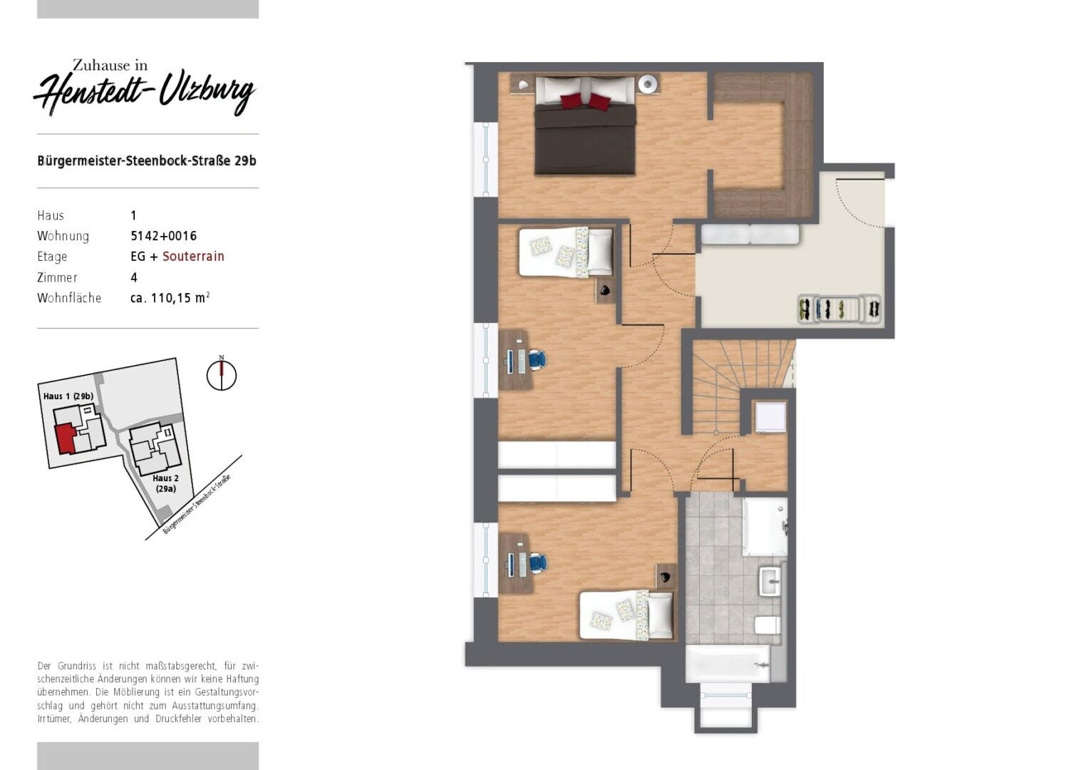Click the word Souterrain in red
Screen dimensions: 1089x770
[x=193, y=257]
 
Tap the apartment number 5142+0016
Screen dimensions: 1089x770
[x=163, y=236]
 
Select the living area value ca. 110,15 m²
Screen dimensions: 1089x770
[x=170, y=298]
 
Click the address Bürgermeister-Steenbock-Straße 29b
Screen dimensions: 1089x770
[x=147, y=160]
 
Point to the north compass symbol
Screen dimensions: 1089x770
[x=222, y=375]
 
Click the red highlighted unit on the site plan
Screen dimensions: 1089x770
[x=64, y=438]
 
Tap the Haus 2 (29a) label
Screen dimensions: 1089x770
[x=166, y=483]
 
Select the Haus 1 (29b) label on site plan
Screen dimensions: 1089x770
[x=68, y=396]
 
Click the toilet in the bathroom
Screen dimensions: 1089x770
[x=768, y=625]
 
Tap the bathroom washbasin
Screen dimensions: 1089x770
[x=770, y=581]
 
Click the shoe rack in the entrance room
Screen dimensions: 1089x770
[x=839, y=309]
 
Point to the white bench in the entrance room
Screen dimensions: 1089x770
[x=750, y=234]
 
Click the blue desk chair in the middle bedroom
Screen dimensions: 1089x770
[x=537, y=361]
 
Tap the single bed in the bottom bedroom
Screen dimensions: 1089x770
[x=626, y=615]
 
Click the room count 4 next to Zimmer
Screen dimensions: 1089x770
[x=134, y=277]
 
